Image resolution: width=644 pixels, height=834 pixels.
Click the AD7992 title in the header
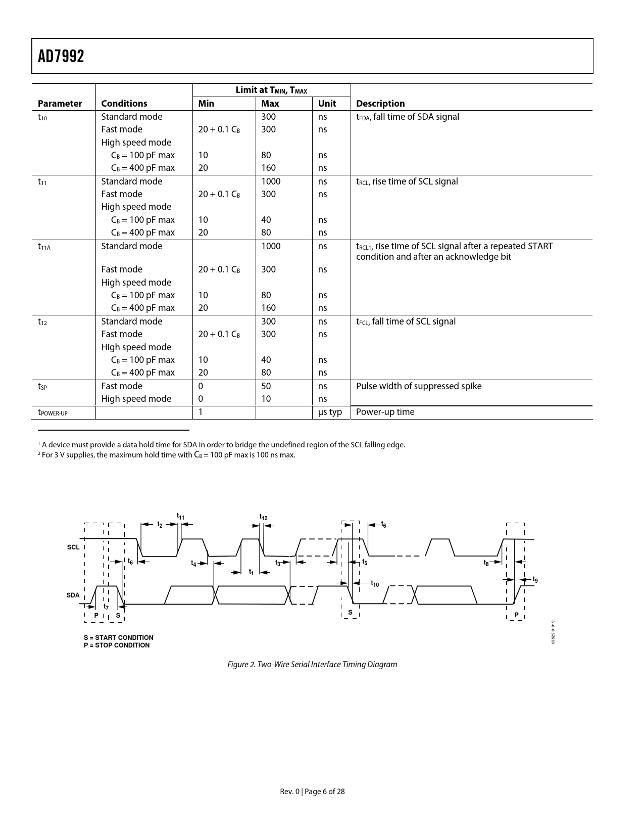[x=61, y=56]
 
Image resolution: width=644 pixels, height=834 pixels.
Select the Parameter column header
[x=60, y=104]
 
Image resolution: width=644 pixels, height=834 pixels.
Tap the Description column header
[x=380, y=104]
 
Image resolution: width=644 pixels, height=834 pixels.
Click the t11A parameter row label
[x=44, y=247]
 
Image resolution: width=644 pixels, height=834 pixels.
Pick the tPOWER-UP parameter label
[x=53, y=412]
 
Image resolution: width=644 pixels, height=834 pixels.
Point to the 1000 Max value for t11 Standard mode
[x=270, y=181]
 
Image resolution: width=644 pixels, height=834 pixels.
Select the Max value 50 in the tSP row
[x=266, y=386]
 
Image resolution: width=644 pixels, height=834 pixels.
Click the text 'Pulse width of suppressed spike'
[x=418, y=386]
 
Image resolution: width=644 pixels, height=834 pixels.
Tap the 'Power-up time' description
[x=385, y=412]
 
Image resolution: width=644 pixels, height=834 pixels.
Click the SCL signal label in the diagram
[x=73, y=547]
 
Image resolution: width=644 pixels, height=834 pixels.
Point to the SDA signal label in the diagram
[x=73, y=595]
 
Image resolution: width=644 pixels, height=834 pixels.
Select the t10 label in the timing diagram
[x=375, y=584]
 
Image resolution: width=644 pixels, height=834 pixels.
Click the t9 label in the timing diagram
[x=535, y=580]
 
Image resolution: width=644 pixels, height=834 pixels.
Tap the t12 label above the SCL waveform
[x=263, y=517]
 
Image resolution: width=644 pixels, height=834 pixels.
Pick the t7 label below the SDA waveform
[x=106, y=607]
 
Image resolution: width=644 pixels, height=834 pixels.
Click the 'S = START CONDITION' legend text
[x=118, y=638]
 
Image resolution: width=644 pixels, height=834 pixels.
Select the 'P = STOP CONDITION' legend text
[x=117, y=645]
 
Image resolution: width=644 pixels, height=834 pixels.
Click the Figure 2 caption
[x=312, y=665]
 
